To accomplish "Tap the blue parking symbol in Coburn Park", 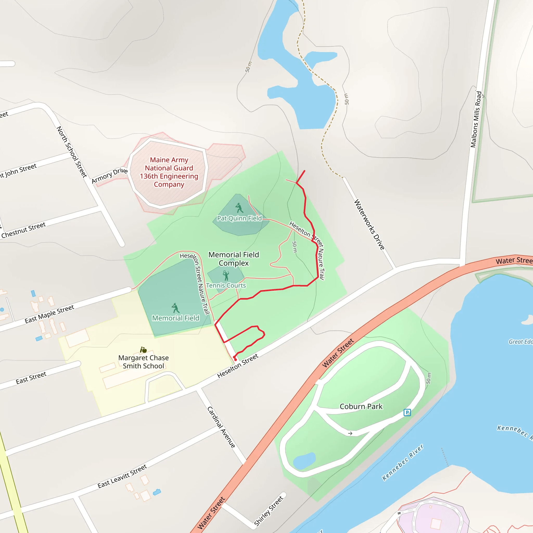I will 407,413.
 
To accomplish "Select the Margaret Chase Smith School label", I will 143,362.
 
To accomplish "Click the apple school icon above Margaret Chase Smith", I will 143,350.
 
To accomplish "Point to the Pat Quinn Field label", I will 239,218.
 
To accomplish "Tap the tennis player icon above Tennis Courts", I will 226,275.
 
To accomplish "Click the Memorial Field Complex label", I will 234,259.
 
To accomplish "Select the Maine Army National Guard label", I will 169,172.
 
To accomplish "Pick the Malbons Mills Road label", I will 476,119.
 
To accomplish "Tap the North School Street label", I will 72,152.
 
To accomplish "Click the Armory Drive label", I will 110,175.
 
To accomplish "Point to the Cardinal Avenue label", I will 221,427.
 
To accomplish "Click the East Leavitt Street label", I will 122,477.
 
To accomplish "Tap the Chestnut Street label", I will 23,230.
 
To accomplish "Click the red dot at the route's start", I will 235,360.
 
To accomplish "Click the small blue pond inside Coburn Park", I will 304,461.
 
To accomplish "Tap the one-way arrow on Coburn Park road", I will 350,433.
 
